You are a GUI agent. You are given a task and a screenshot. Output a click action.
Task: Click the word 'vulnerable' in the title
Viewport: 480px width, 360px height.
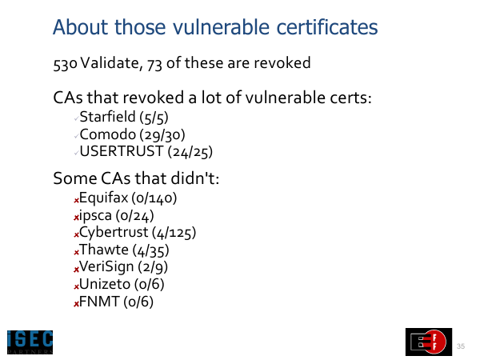point(221,27)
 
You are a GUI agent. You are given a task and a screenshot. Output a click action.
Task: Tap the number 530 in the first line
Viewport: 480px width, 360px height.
point(65,64)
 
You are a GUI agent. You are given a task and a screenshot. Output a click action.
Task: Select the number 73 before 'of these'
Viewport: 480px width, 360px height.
point(154,64)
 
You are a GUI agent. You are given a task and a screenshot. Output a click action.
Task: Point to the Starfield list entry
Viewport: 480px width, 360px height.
point(124,118)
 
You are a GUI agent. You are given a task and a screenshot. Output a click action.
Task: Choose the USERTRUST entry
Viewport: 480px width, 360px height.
point(146,151)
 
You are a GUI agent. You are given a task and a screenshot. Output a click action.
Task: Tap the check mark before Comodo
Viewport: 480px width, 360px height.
point(77,136)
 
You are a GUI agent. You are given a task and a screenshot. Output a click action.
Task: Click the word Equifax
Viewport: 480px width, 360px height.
point(103,198)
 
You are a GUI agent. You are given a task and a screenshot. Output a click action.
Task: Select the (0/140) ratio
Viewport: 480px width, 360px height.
point(154,198)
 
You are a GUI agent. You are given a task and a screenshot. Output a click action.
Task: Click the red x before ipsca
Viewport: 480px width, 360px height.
point(76,218)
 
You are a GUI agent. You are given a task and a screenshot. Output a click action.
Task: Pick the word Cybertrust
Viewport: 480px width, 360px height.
point(114,232)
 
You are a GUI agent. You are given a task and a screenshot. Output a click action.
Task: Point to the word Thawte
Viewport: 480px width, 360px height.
point(104,250)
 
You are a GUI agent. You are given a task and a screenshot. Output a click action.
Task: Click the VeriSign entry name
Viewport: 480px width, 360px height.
point(106,267)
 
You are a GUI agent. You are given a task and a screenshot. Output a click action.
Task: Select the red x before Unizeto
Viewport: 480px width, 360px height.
point(76,287)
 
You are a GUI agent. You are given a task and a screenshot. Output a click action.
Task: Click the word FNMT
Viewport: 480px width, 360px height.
point(99,302)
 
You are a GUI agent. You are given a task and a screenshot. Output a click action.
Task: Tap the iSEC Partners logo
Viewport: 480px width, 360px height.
point(30,342)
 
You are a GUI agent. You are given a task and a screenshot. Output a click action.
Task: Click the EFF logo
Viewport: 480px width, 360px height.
point(429,342)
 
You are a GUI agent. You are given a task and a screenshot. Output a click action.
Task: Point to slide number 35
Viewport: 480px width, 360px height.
point(461,346)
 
